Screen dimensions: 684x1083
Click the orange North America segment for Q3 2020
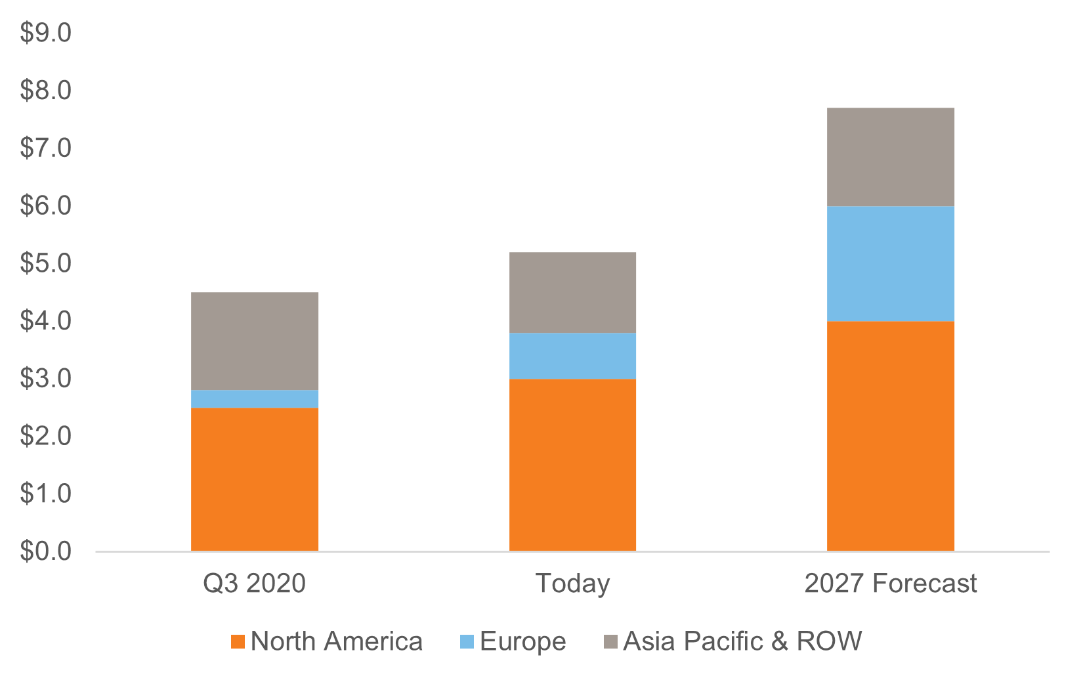point(255,479)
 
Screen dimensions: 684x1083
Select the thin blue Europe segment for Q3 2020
point(255,399)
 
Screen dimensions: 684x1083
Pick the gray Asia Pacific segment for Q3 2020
point(255,341)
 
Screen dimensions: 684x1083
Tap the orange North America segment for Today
point(572,465)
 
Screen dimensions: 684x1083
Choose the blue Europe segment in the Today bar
point(572,356)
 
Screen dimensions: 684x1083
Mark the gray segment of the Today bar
point(572,293)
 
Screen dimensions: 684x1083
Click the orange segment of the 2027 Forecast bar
point(890,436)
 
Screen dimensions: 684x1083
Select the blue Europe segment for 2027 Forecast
point(890,264)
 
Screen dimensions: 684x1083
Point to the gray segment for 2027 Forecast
point(890,157)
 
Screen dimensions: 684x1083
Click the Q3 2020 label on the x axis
point(255,584)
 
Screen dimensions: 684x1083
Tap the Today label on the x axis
point(572,584)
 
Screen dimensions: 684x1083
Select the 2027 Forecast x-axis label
point(890,584)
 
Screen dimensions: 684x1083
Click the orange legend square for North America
point(238,642)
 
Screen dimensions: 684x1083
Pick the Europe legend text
point(522,641)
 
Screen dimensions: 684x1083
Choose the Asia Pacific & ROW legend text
point(742,641)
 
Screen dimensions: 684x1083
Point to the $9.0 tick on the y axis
point(45,33)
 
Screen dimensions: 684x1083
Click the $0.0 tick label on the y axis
point(45,551)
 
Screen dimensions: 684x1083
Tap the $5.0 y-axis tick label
point(45,263)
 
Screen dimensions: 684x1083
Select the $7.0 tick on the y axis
point(45,148)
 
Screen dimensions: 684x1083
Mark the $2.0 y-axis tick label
point(45,436)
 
